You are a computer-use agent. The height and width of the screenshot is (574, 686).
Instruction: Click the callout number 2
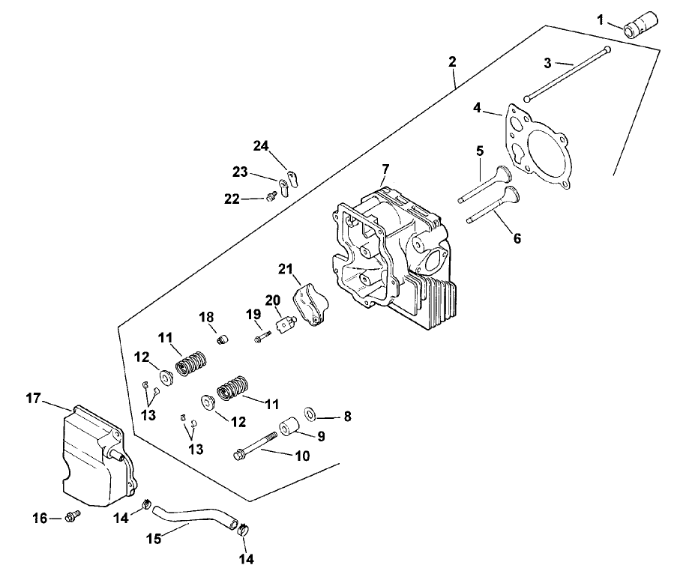click(452, 62)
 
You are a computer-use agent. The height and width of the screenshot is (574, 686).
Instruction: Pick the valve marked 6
click(491, 207)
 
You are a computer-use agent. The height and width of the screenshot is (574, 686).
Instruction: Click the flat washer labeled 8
click(310, 414)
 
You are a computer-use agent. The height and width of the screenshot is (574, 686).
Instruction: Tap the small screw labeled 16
click(73, 516)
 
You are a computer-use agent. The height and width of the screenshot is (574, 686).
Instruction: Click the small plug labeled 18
click(221, 340)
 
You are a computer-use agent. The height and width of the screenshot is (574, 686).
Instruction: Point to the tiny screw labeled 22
click(271, 196)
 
